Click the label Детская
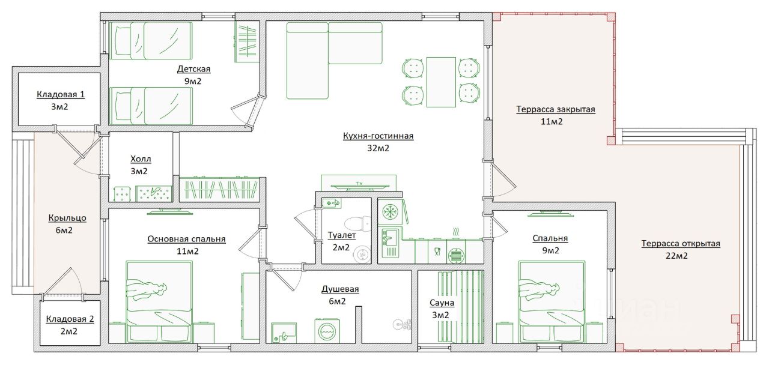coord(193,69)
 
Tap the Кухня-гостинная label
coord(378,136)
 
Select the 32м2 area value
coord(378,148)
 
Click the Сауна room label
coord(442,303)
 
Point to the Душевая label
coord(340,289)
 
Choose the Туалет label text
coord(342,235)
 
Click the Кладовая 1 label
coord(61,94)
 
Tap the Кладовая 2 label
coord(70,319)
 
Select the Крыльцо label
coord(67,218)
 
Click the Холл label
coord(141,159)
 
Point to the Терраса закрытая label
coord(556,109)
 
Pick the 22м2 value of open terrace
coord(676,256)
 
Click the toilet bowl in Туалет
coord(357,224)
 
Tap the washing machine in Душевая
coord(327,331)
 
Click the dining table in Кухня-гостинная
coord(441,82)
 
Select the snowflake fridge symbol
coord(389,211)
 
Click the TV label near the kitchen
coord(359,184)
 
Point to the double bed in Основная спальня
coord(159,302)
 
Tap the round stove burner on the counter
coord(456,256)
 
